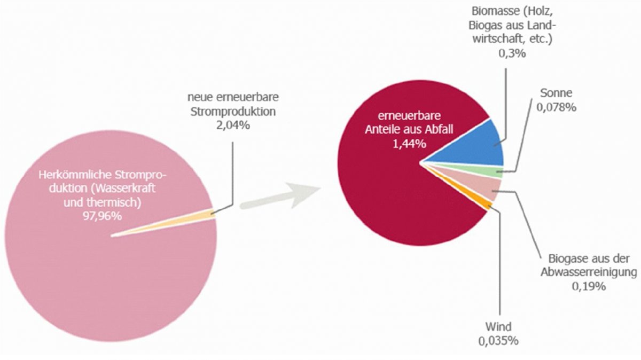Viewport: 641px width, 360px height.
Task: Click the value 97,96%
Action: pyautogui.click(x=102, y=216)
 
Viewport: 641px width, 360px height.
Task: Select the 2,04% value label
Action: pyautogui.click(x=233, y=126)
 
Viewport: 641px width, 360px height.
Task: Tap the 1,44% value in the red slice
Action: pyautogui.click(x=409, y=144)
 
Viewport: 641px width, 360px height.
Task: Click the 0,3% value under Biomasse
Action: pyautogui.click(x=512, y=53)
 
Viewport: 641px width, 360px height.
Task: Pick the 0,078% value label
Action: pyautogui.click(x=556, y=107)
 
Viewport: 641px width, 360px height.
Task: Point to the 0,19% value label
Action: pyautogui.click(x=589, y=286)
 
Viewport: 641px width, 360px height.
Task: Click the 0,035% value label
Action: pyautogui.click(x=498, y=341)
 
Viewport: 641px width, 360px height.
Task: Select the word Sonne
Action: pyautogui.click(x=556, y=93)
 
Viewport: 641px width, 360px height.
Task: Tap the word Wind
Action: pyautogui.click(x=498, y=326)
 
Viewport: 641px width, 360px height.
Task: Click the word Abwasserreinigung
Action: pyautogui.click(x=589, y=272)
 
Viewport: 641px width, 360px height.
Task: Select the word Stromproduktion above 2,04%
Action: pyautogui.click(x=233, y=112)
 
